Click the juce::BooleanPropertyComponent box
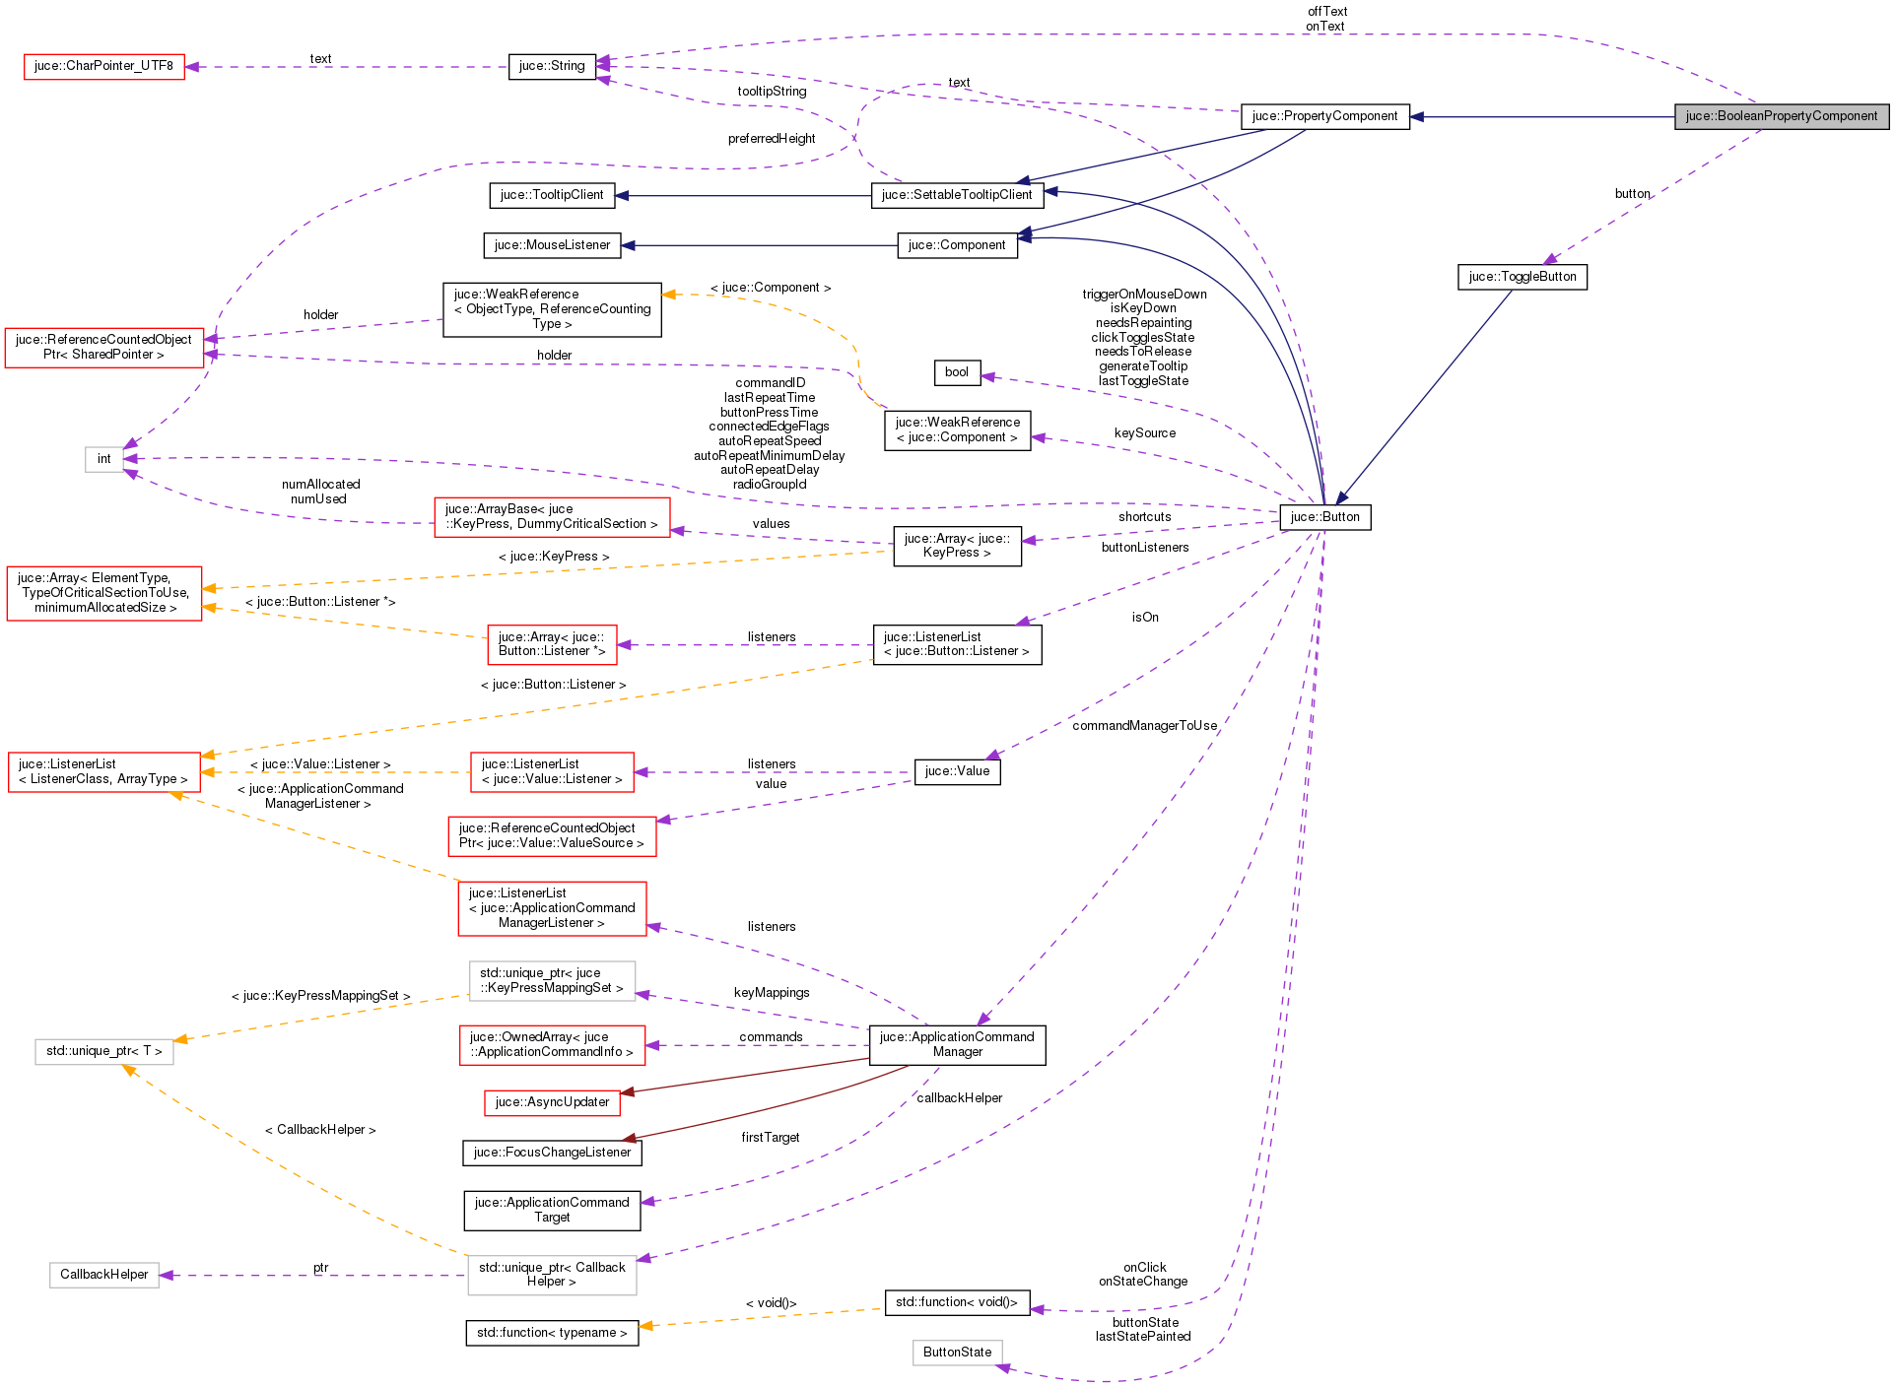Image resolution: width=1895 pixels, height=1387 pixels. click(x=1781, y=116)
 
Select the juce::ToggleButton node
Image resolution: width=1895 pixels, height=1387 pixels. click(x=1522, y=277)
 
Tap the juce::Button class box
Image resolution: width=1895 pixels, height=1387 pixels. click(x=1324, y=517)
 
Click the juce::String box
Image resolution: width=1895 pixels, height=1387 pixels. click(x=552, y=66)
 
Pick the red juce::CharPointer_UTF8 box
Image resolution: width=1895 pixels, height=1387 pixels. click(x=103, y=66)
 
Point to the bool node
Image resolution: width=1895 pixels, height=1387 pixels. click(x=956, y=372)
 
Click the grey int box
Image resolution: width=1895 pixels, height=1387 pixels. click(x=103, y=459)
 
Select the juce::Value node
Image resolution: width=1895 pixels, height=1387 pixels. click(x=957, y=771)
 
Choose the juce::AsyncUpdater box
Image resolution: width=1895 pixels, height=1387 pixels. click(x=552, y=1102)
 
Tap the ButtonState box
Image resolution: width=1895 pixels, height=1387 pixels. click(x=957, y=1353)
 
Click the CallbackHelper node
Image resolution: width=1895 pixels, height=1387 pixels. click(x=103, y=1275)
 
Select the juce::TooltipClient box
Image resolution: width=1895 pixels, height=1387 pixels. click(x=552, y=195)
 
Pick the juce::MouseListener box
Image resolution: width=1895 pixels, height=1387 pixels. click(x=552, y=245)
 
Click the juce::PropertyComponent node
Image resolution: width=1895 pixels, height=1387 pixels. click(x=1324, y=116)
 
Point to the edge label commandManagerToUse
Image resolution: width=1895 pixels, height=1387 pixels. click(x=1144, y=726)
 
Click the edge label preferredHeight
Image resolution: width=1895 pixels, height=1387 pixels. click(x=772, y=139)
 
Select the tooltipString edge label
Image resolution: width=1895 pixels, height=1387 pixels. click(x=772, y=92)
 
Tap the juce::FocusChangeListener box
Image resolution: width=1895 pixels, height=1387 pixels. click(x=552, y=1153)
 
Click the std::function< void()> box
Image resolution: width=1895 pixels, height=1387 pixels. click(x=957, y=1302)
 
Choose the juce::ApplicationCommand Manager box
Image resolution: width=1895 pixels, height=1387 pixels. click(x=957, y=1044)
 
